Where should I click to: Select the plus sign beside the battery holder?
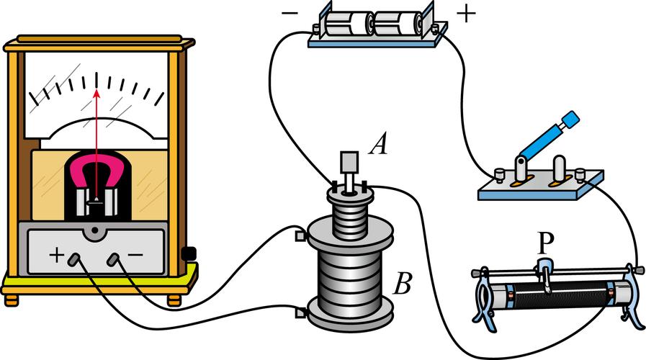(x=466, y=14)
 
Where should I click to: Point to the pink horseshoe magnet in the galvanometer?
(x=95, y=177)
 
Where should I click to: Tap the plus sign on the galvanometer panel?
(x=55, y=256)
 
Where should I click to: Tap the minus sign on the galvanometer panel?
(x=136, y=256)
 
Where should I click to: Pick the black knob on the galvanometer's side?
(x=190, y=253)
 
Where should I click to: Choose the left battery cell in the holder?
(x=347, y=24)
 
